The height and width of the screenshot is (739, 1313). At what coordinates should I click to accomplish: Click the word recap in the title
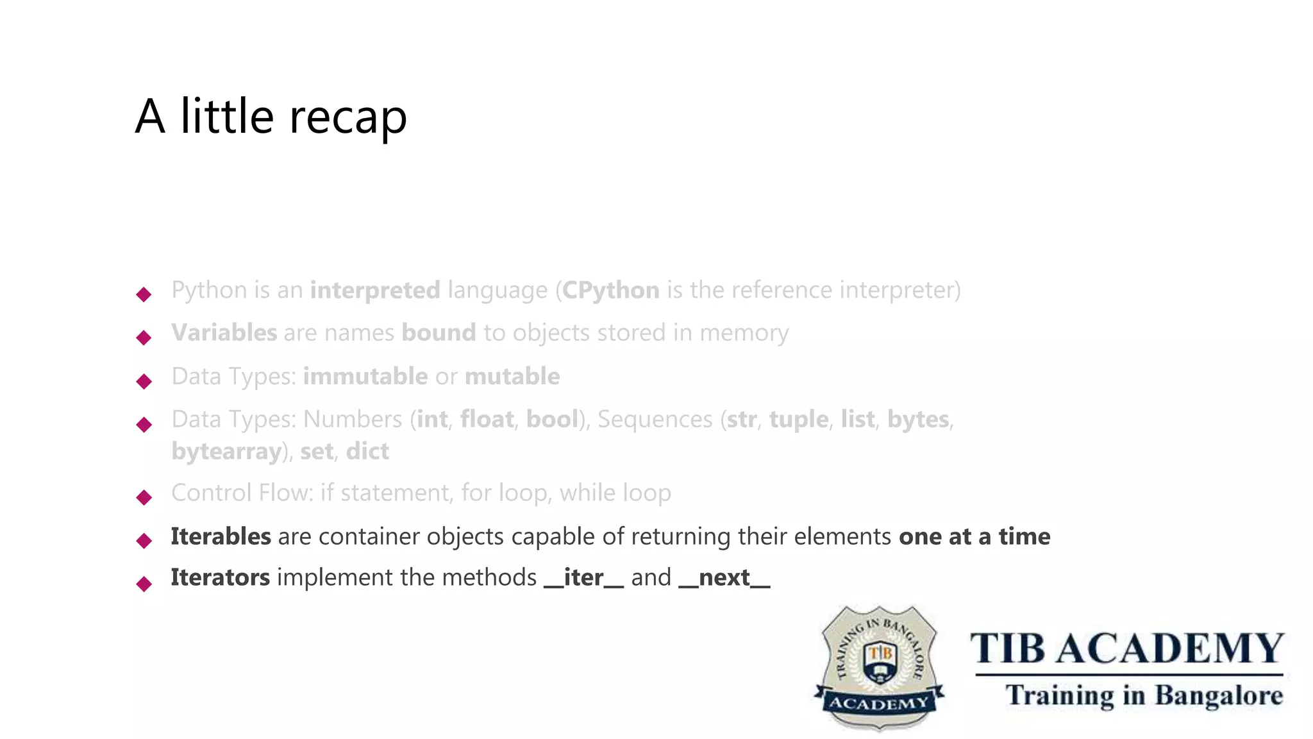(x=348, y=117)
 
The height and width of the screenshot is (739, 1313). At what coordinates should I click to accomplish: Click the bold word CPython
(x=611, y=291)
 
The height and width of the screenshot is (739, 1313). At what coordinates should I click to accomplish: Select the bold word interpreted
(x=375, y=291)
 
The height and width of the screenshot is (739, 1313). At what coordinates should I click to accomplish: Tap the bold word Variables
(x=224, y=333)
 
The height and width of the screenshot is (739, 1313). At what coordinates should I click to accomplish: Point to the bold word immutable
(x=365, y=377)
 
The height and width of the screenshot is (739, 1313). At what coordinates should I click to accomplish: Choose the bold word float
(x=487, y=420)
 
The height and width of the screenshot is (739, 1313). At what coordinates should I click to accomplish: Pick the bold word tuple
(x=799, y=420)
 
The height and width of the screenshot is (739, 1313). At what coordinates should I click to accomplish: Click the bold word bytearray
(x=226, y=452)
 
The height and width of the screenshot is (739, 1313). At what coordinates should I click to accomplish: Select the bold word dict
(x=367, y=452)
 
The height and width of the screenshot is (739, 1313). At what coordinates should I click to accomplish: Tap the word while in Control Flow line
(x=583, y=493)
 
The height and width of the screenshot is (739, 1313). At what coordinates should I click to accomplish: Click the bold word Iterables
(x=221, y=536)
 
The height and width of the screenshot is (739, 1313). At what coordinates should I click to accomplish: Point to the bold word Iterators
(x=220, y=577)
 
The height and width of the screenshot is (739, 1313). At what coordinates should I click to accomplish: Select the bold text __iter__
(x=583, y=578)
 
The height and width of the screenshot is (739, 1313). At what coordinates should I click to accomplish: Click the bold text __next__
(x=724, y=578)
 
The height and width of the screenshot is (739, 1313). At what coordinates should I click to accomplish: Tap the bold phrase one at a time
(x=974, y=536)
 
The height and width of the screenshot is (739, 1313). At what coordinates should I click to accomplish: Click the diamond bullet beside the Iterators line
(x=144, y=583)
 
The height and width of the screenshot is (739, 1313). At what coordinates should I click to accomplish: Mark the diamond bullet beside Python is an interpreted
(x=144, y=294)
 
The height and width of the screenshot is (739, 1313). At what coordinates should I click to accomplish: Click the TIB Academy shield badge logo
(x=879, y=667)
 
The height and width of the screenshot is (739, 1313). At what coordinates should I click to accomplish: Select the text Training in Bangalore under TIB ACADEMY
(x=1144, y=696)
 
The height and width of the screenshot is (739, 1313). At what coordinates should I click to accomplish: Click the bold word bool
(x=552, y=420)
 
